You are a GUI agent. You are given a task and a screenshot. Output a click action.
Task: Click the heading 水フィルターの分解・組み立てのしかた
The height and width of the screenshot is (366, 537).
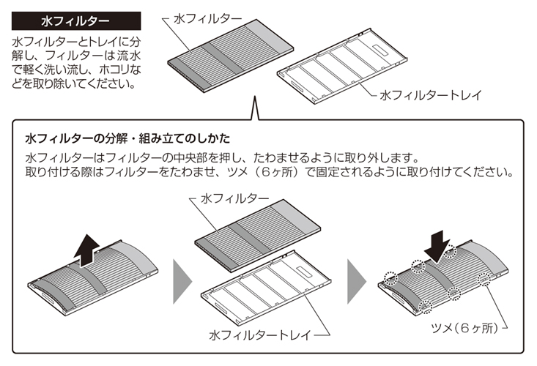click(128, 138)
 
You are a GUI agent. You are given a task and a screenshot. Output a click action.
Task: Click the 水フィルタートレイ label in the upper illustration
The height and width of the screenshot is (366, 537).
click(424, 95)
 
